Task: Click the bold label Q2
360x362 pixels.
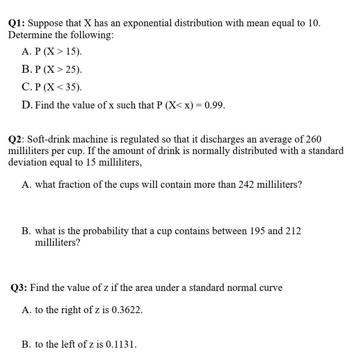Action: click(x=16, y=139)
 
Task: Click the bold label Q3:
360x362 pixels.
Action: click(x=19, y=288)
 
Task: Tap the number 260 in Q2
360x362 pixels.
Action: click(x=313, y=139)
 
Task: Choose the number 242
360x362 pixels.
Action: click(x=246, y=185)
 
